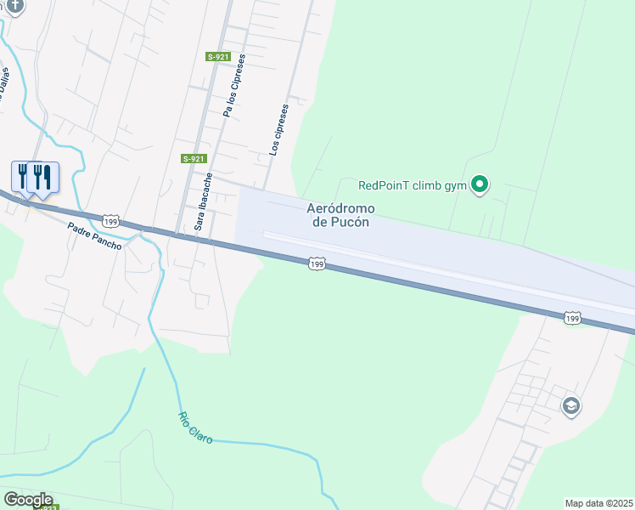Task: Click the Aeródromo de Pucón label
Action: coord(340,215)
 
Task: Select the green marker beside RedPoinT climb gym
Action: coord(480,184)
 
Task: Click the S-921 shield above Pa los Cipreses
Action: coord(218,57)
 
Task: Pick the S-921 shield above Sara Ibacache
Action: coord(194,159)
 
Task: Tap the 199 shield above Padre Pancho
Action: coord(110,221)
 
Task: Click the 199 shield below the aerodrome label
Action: coord(316,264)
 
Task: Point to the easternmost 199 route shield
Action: coord(572,318)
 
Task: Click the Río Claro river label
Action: coord(194,428)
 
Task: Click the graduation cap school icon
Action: coord(571,406)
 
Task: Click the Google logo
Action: coord(28,500)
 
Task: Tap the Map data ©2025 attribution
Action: coord(599,503)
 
